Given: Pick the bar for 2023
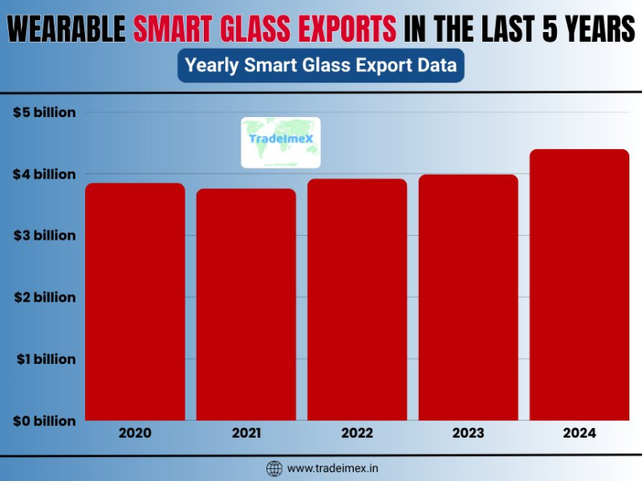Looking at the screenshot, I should [x=468, y=297].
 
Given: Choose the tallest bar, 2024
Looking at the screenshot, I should [x=579, y=285].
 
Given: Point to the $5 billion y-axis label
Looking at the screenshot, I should [x=44, y=112].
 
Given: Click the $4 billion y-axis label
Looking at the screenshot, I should [x=44, y=174].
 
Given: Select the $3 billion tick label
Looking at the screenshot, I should [x=44, y=236].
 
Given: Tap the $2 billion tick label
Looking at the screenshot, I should [x=44, y=297].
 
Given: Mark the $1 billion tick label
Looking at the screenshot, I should [x=44, y=359].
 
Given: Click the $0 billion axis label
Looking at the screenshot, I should [x=44, y=421].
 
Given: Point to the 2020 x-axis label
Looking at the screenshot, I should [x=135, y=434].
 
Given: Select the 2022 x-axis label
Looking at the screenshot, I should [x=357, y=434].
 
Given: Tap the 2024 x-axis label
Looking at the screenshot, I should [x=579, y=434].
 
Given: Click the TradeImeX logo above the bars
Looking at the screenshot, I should [x=281, y=142].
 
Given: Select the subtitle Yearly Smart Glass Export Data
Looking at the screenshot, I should [x=321, y=66].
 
